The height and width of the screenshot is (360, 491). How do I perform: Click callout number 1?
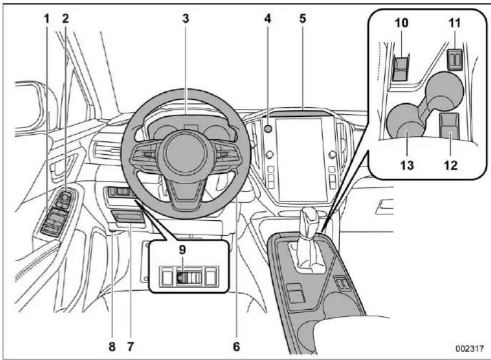pos(46,19)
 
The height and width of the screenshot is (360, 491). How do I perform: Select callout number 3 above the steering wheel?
pos(186,19)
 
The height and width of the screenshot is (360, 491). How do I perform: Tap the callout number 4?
pos(267,19)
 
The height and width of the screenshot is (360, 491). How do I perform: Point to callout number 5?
pos(302,19)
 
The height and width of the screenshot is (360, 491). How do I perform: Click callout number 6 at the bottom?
pos(236,346)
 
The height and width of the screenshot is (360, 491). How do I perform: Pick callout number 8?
pos(112,346)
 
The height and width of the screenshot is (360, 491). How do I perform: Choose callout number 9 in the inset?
pos(183,250)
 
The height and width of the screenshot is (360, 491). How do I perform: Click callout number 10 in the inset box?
pos(401,23)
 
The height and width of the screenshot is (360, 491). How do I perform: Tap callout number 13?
pos(407,165)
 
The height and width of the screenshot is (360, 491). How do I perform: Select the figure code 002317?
pos(470,348)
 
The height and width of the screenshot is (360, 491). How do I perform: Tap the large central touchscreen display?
pos(301,159)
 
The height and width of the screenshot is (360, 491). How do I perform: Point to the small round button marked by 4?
pos(268,129)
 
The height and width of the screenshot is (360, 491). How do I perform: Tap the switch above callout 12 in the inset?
pos(449,125)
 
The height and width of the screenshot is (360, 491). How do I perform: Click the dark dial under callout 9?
pos(181,277)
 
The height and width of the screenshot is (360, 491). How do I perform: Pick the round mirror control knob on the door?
pos(65,197)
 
